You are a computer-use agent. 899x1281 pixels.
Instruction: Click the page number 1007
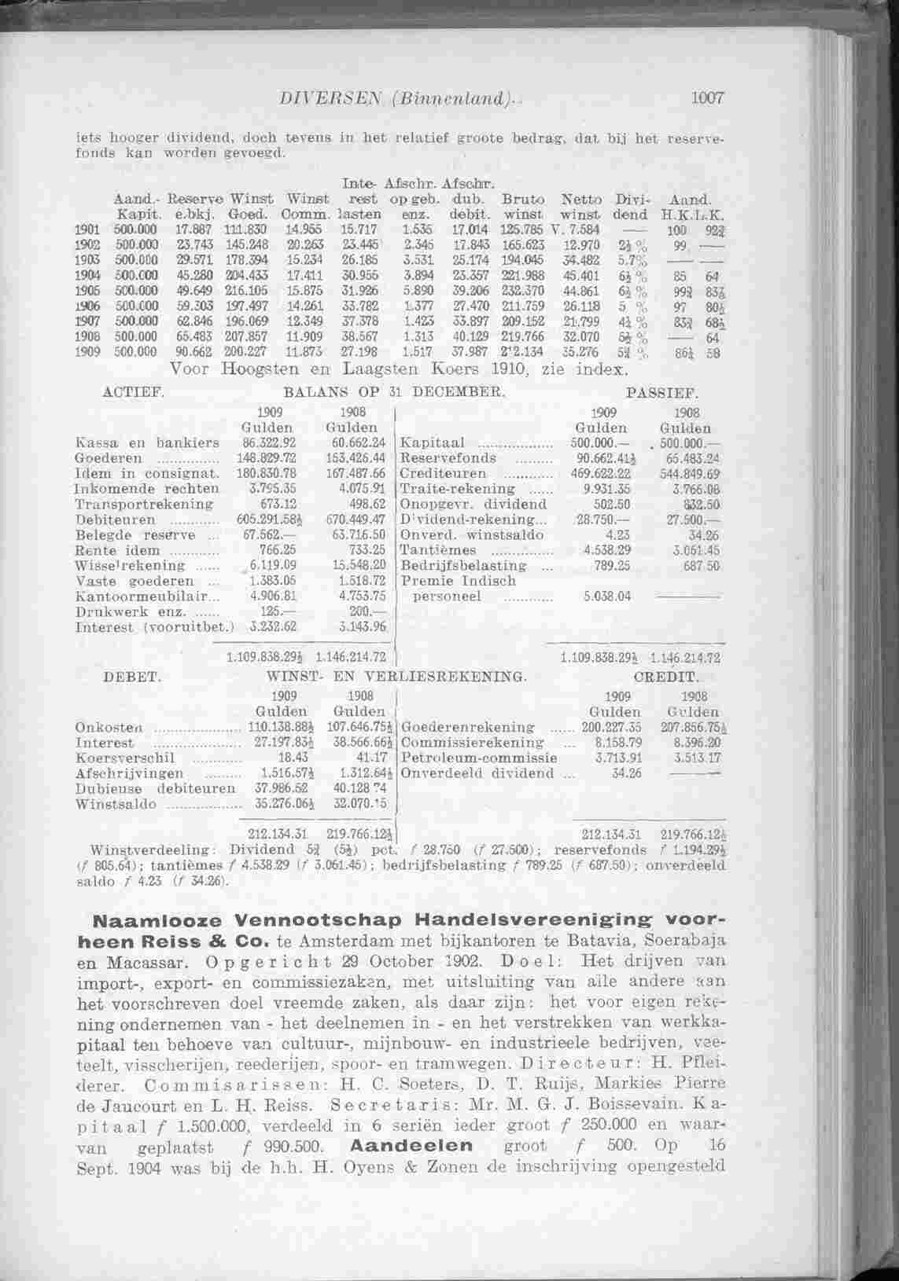pos(706,99)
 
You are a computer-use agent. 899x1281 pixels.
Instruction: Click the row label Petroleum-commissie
pos(479,758)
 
